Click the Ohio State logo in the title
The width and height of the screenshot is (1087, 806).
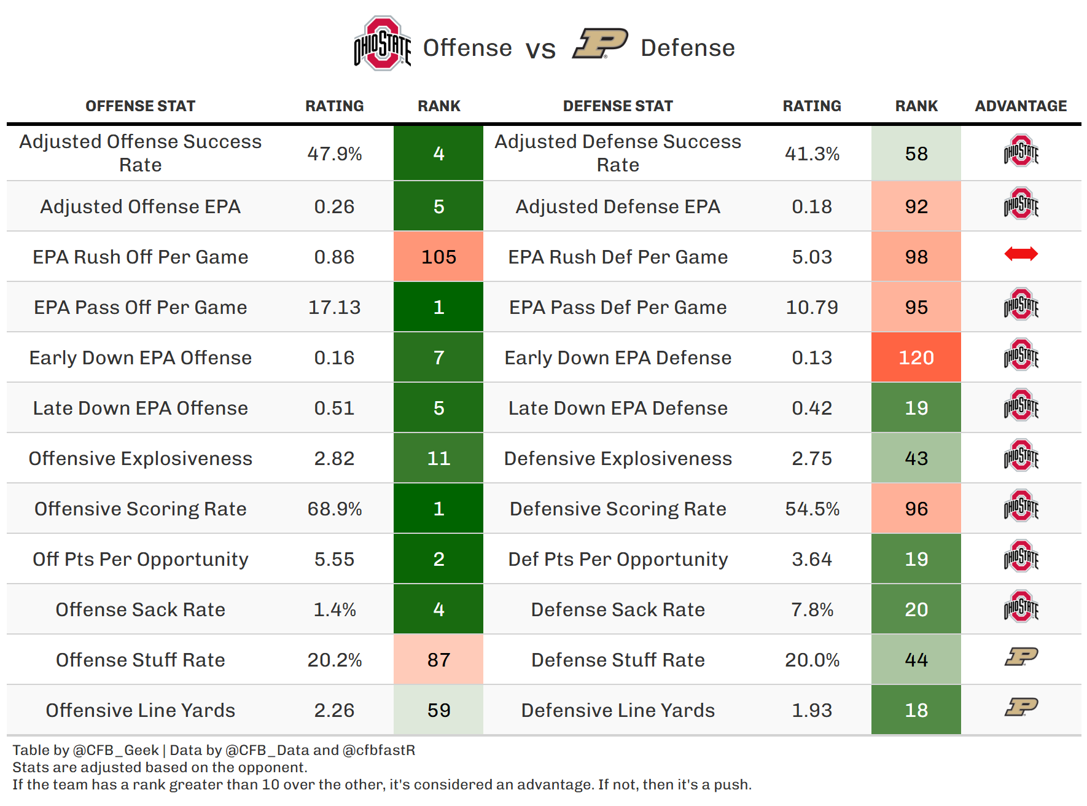382,44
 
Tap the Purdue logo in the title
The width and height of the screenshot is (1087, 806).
600,44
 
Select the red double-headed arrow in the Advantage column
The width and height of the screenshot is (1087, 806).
1021,254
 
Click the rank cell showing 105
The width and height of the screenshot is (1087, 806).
438,257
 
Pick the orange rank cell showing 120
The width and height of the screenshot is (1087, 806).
916,358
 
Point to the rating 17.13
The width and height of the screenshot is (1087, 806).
334,307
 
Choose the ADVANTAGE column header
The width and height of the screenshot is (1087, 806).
1021,106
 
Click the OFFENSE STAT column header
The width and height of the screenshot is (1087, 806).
140,106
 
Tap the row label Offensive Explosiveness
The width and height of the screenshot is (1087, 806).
140,458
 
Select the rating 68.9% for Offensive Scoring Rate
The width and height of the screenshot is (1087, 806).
334,509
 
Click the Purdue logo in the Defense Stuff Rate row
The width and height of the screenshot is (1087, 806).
1021,657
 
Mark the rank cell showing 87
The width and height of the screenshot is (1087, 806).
438,660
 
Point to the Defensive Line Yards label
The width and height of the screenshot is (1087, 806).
618,710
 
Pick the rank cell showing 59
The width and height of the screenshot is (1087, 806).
438,710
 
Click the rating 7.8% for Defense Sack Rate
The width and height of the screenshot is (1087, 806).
812,609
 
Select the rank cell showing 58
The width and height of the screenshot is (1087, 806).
916,154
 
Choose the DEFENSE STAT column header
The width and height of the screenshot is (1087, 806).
618,106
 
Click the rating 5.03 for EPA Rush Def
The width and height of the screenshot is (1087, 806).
812,257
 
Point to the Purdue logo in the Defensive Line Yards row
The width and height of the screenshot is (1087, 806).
1021,707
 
